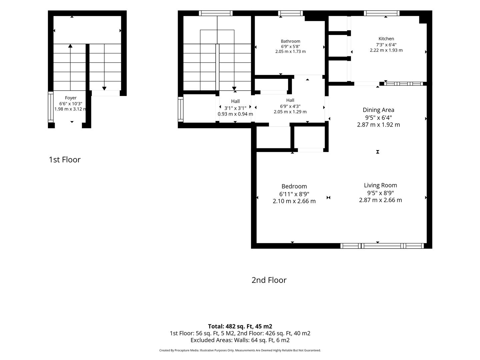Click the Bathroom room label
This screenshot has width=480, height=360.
pyautogui.click(x=290, y=41)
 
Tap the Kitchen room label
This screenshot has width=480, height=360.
pyautogui.click(x=386, y=39)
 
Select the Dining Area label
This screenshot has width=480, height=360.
pyautogui.click(x=378, y=110)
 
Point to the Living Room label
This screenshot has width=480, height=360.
pyautogui.click(x=380, y=185)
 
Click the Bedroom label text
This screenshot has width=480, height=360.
pyautogui.click(x=294, y=186)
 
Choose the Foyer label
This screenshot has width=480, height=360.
pyautogui.click(x=71, y=98)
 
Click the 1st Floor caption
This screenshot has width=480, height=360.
pyautogui.click(x=65, y=160)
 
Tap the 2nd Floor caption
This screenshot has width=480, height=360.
pyautogui.click(x=269, y=280)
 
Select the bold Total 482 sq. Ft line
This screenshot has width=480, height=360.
pyautogui.click(x=240, y=326)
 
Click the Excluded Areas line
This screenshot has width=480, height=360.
pyautogui.click(x=240, y=340)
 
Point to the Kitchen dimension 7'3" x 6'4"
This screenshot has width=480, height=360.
pyautogui.click(x=386, y=45)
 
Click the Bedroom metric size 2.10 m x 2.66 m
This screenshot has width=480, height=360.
pyautogui.click(x=294, y=201)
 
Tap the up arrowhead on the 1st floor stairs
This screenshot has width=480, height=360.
pyautogui.click(x=70, y=46)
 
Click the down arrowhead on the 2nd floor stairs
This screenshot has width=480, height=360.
pyautogui.click(x=234, y=89)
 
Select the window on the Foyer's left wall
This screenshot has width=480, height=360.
pyautogui.click(x=51, y=107)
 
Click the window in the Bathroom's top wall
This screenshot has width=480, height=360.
pyautogui.click(x=290, y=13)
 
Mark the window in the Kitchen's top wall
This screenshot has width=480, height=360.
pyautogui.click(x=382, y=13)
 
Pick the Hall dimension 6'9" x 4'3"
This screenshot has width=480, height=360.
pyautogui.click(x=290, y=106)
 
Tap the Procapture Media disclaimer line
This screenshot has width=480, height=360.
pyautogui.click(x=240, y=350)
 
